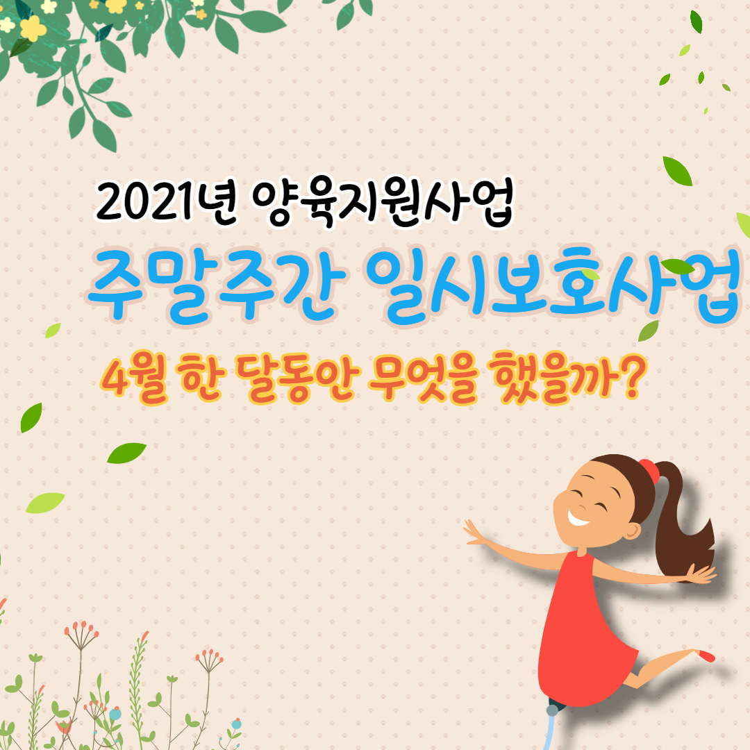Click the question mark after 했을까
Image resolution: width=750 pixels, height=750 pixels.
[x=628, y=379]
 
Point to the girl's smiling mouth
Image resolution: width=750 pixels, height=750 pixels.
[x=578, y=517]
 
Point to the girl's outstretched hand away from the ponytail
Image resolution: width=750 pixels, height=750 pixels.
[x=476, y=533]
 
